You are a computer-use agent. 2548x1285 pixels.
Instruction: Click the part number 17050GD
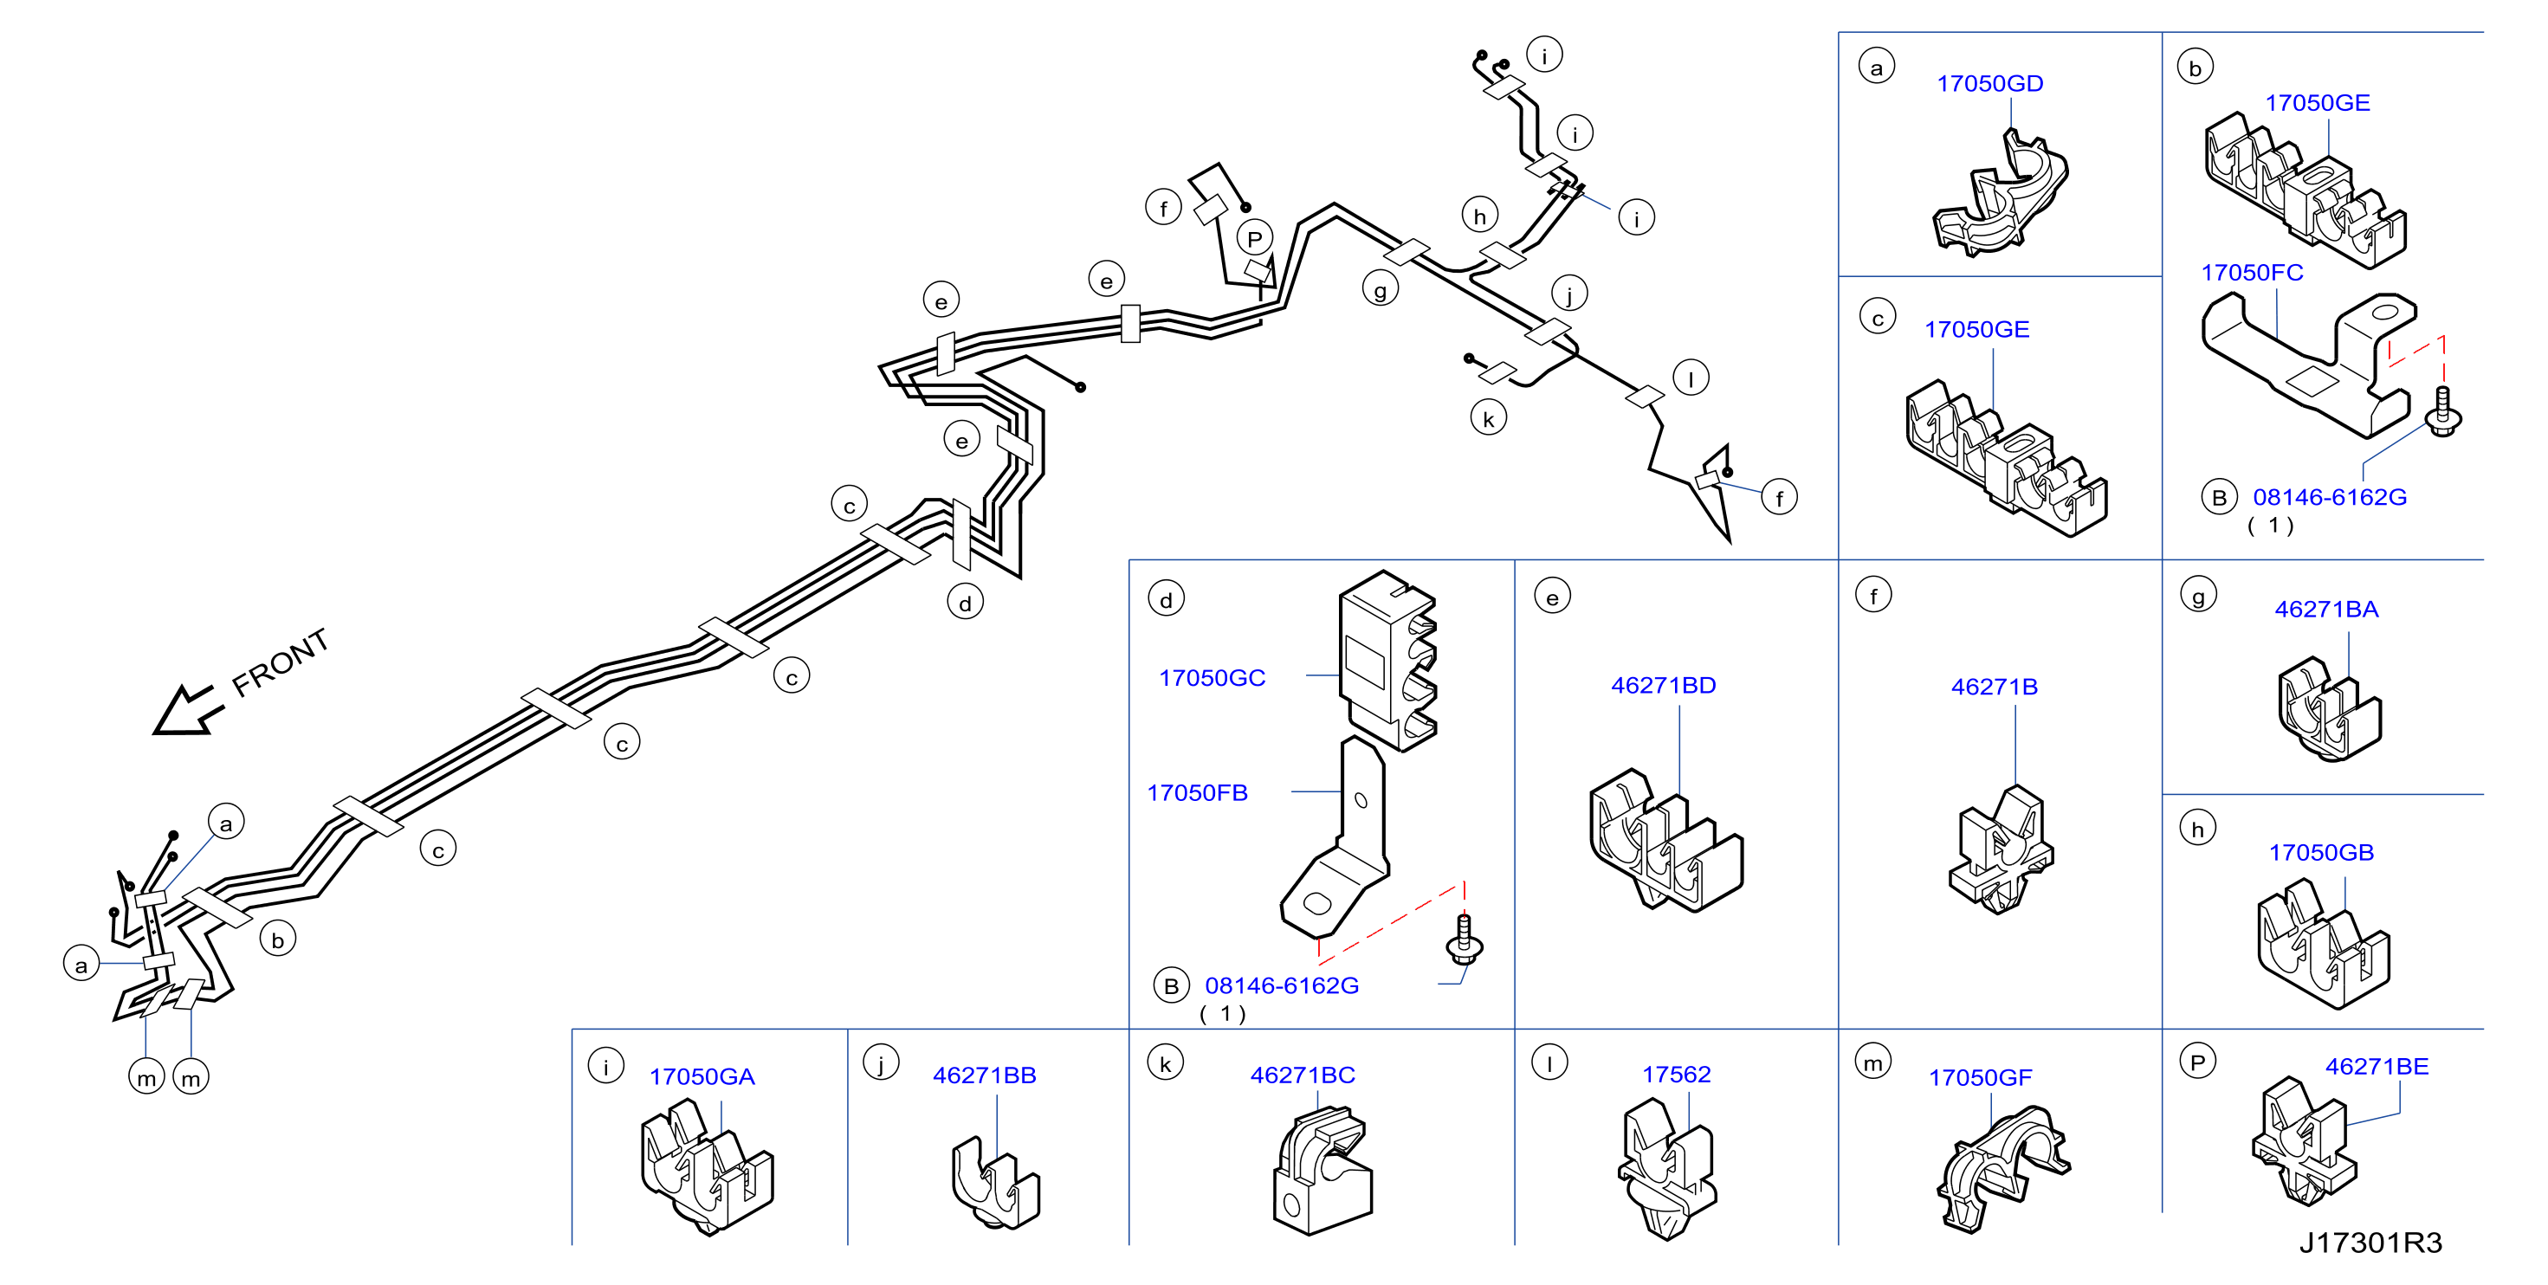tap(1989, 84)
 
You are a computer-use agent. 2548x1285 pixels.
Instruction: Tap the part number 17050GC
tap(1212, 679)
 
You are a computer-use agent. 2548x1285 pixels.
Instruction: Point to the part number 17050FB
tap(1197, 793)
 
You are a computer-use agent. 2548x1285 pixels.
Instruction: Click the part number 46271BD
tap(1663, 686)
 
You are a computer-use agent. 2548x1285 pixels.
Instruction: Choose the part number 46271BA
tap(2325, 610)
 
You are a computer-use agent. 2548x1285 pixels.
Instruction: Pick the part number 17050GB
tap(2320, 853)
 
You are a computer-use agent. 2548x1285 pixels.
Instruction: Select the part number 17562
tap(1676, 1075)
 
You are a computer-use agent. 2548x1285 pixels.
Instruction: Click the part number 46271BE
tap(2376, 1067)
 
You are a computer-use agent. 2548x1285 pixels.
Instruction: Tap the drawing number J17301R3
tap(2369, 1243)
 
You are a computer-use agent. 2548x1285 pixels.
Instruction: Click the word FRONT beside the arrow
tap(280, 662)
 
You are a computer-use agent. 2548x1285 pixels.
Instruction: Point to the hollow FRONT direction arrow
tap(186, 710)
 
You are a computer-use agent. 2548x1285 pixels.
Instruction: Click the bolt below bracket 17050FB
tap(1464, 939)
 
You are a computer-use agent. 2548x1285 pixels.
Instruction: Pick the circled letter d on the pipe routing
tap(965, 603)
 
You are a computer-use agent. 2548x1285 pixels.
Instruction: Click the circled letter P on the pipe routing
tap(1254, 238)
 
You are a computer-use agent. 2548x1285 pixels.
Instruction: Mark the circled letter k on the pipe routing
tap(1488, 418)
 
